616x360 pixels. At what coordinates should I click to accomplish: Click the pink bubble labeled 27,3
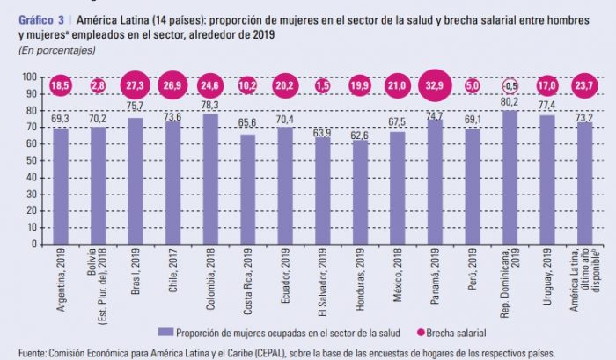(x=136, y=85)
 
